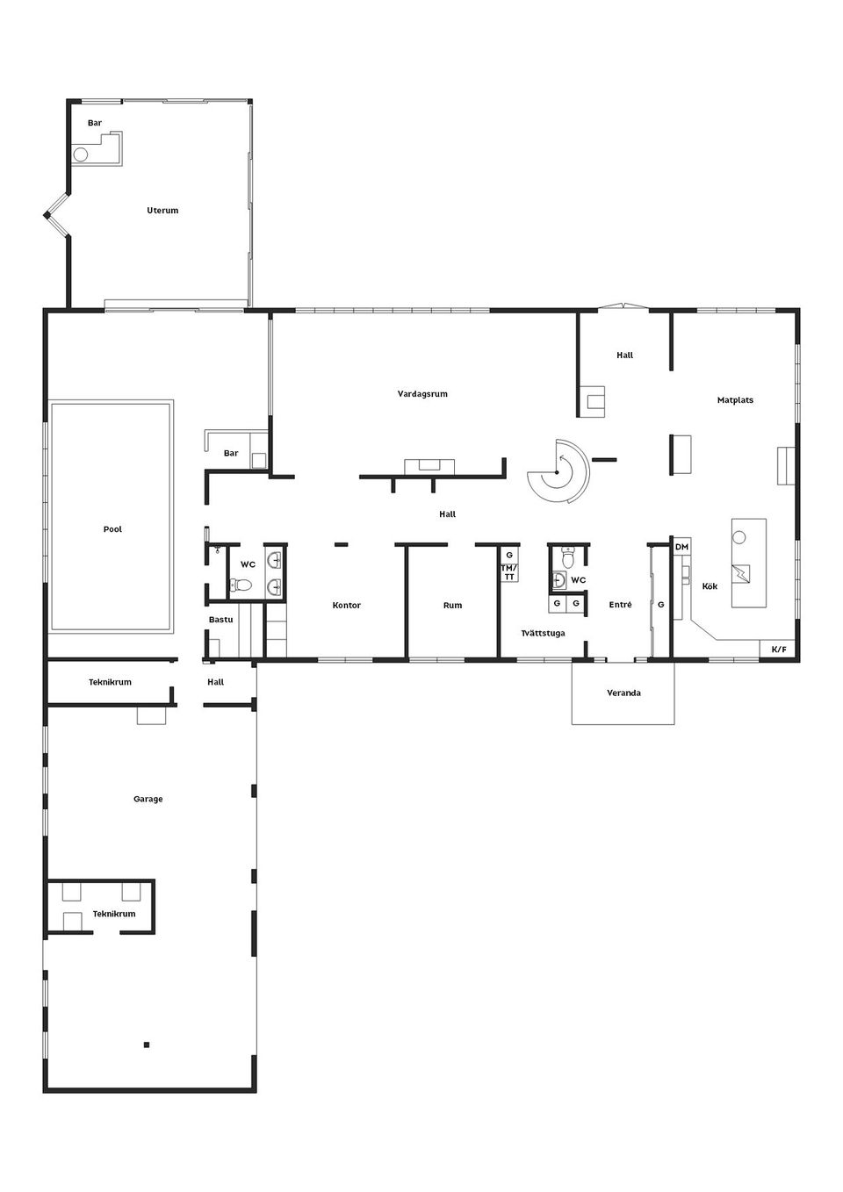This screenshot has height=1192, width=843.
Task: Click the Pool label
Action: coord(112,529)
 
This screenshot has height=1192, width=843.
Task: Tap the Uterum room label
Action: coord(162,211)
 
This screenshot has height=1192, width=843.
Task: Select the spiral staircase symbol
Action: coord(558,472)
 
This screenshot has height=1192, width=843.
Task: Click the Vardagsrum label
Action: coord(422,394)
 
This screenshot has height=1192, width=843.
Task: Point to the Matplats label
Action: coord(735,400)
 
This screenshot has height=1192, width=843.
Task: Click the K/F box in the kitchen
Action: coord(779,650)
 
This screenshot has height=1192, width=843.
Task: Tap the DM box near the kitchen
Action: coord(682,547)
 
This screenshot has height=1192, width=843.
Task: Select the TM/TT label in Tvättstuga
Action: coord(509,572)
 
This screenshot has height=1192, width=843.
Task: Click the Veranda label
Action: coord(623,693)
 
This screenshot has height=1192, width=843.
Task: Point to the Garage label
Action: coord(148,800)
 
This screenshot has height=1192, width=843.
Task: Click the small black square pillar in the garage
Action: coord(147,1045)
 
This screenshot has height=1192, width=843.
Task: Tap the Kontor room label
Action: coord(347,606)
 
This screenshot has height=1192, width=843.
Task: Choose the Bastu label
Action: coord(221,620)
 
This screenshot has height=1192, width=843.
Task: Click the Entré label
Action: coord(621,605)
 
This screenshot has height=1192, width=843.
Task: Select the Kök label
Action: coord(710,586)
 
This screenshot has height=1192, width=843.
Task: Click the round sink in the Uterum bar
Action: coord(81,154)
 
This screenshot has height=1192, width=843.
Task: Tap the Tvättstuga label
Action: coord(543,633)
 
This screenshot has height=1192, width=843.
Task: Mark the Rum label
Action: coord(452,606)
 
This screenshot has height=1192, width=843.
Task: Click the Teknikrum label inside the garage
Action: coord(114,914)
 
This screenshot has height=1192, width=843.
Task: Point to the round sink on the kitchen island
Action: coord(739,536)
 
